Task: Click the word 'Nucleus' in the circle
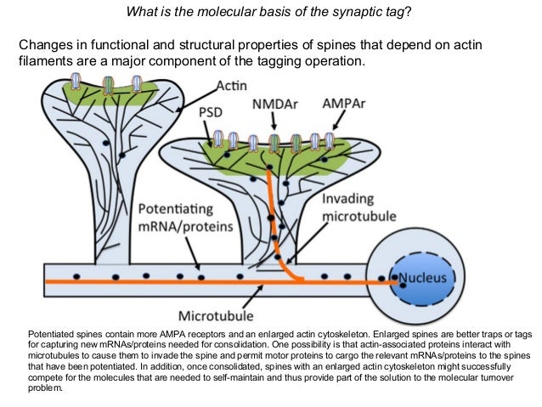(423, 277)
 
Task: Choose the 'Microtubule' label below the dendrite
(217, 315)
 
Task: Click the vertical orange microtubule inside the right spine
(274, 212)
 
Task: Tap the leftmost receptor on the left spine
(77, 82)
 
